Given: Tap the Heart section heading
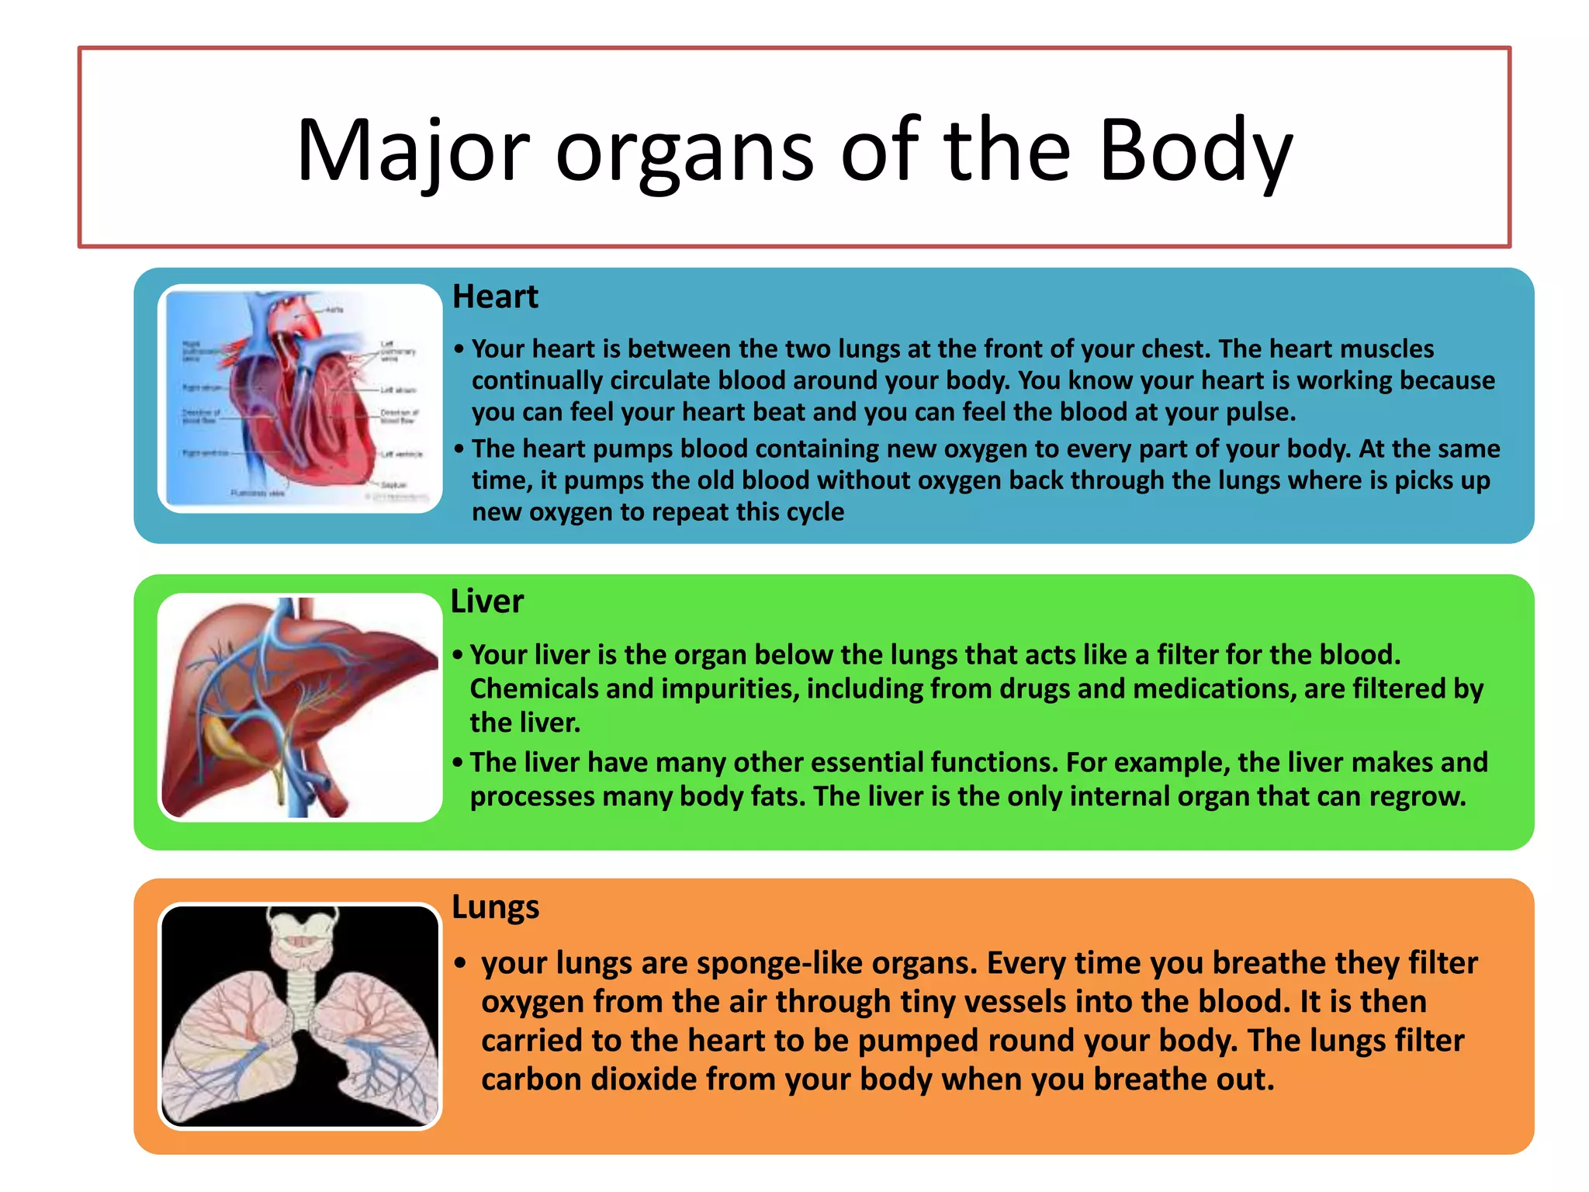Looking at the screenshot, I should pos(495,296).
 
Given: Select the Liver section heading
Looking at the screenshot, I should pos(486,601).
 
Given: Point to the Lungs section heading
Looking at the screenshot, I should pos(495,906).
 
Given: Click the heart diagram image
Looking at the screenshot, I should pos(299,397).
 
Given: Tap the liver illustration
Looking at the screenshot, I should pos(299,706).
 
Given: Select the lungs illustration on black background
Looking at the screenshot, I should pos(299,1015).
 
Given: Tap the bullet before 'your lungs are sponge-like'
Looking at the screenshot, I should pos(461,964).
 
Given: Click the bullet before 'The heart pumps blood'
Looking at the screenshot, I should pos(459,449).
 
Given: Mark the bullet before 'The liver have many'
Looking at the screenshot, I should pos(458,763).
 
